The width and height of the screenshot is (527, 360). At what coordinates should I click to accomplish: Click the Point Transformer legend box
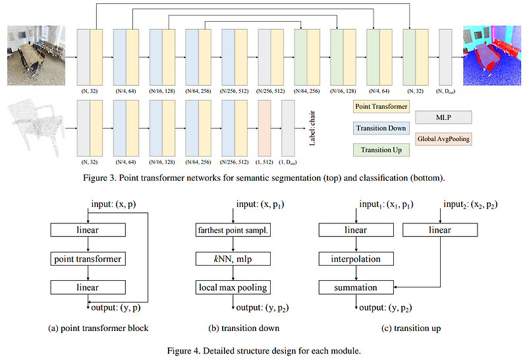[381, 106]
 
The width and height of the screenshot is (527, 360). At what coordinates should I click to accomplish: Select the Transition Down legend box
[381, 129]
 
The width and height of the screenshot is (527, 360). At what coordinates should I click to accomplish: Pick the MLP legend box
[444, 117]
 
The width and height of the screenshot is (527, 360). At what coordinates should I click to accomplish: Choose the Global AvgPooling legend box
[444, 140]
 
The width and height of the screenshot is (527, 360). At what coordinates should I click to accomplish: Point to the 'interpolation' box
[356, 259]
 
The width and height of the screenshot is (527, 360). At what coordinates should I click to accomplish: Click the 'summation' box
[356, 287]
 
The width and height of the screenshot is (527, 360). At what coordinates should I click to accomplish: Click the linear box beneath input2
[440, 230]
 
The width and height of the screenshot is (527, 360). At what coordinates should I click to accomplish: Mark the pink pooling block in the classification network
[264, 129]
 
